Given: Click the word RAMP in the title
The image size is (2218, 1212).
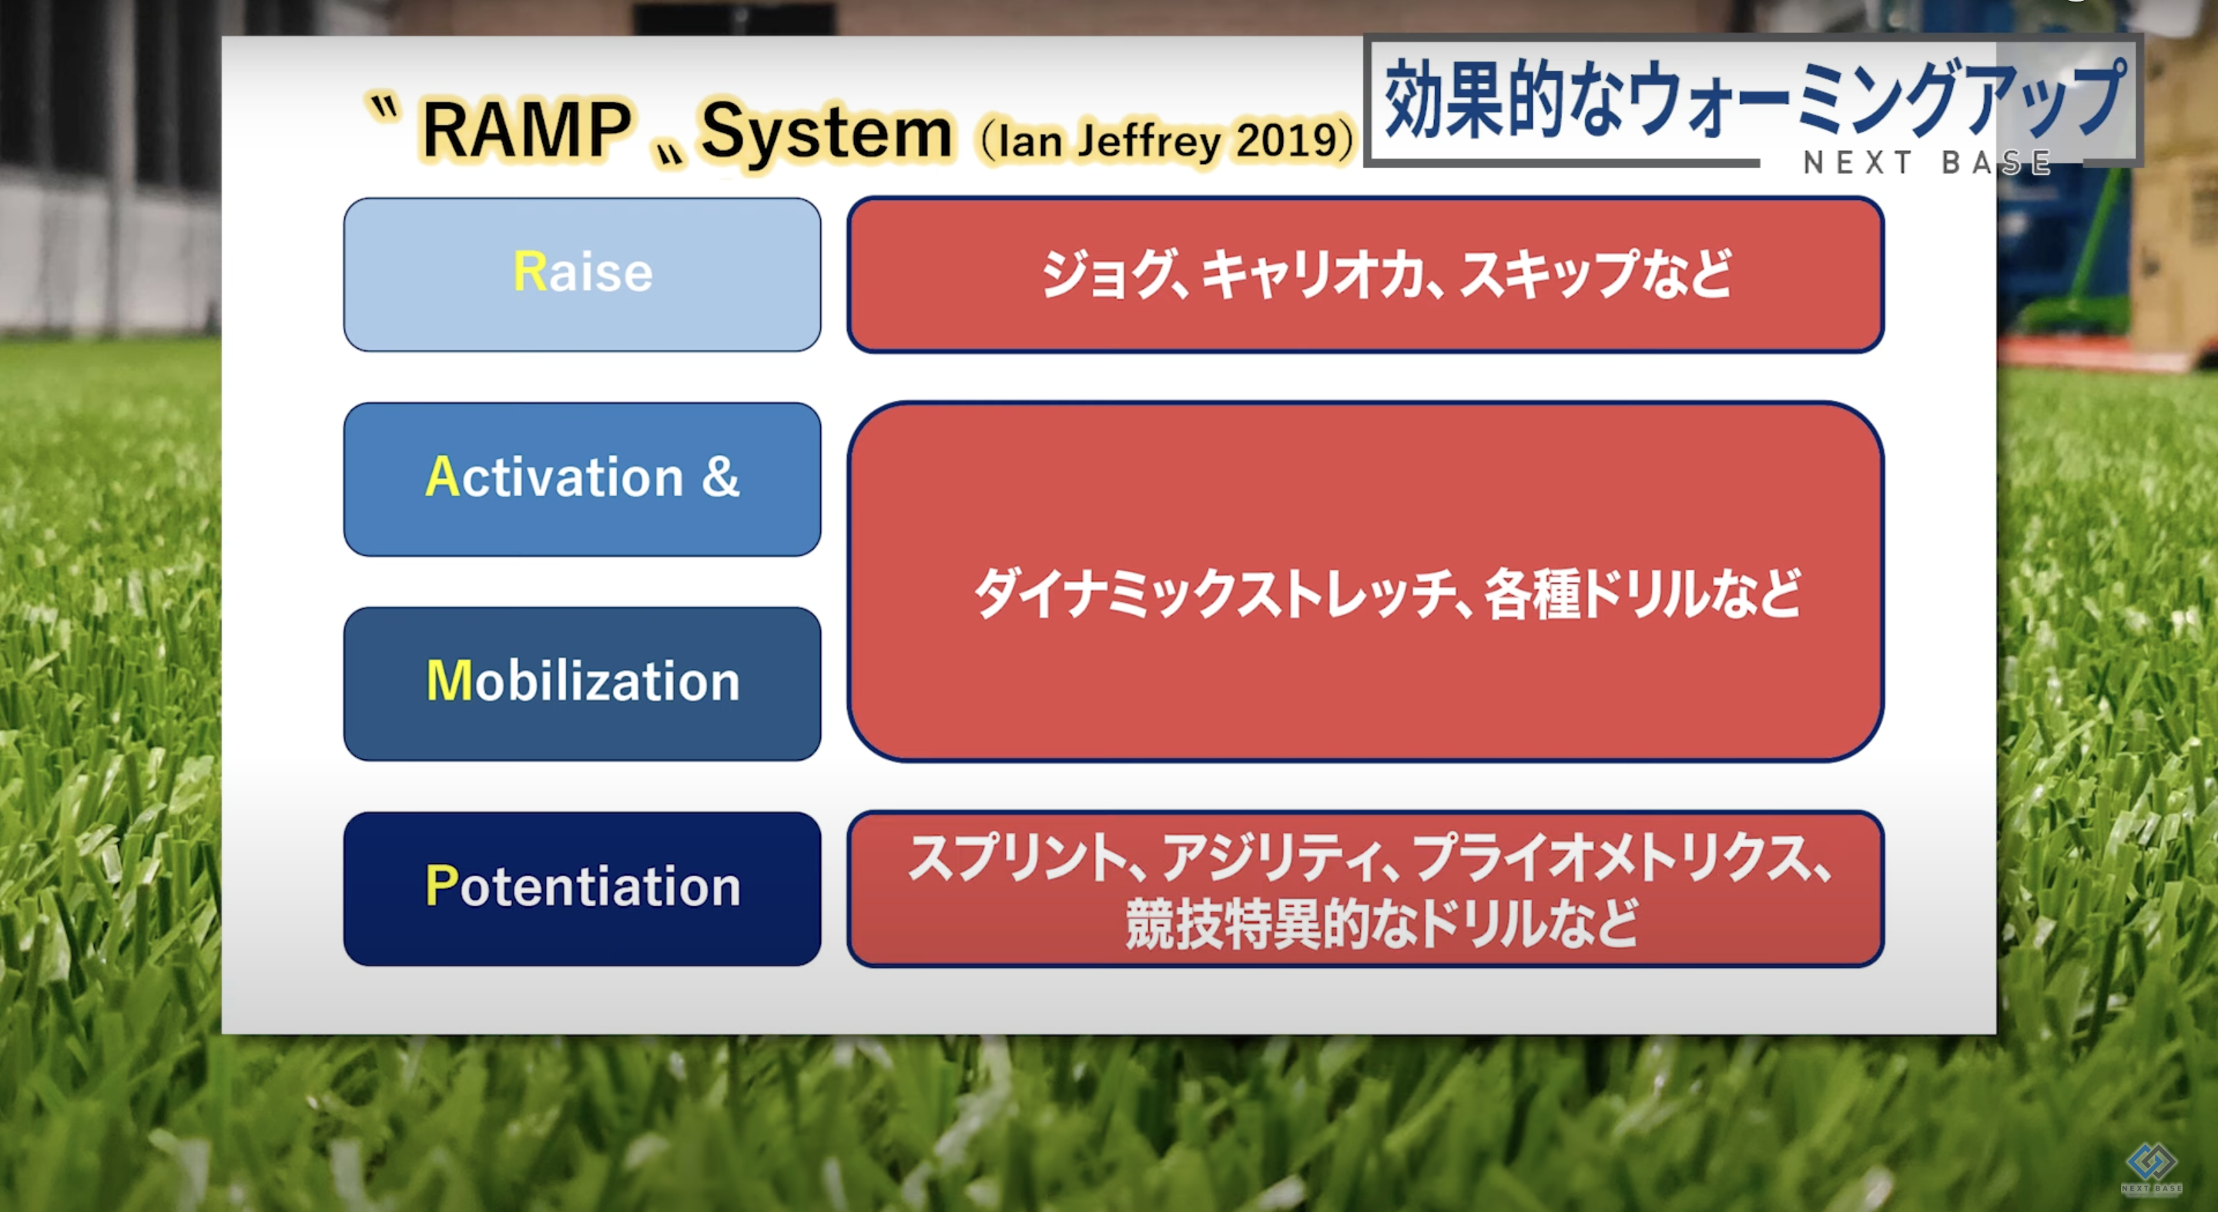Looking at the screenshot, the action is click(x=527, y=130).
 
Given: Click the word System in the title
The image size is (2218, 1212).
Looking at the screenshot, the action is click(x=826, y=133).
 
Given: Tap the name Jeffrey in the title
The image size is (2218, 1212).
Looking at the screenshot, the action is click(x=1148, y=140).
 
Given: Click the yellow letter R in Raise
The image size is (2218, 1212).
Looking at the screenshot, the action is click(x=530, y=272).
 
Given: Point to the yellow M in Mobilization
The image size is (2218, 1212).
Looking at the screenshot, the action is click(x=448, y=681).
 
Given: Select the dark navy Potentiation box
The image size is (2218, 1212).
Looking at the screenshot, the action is click(x=582, y=889).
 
